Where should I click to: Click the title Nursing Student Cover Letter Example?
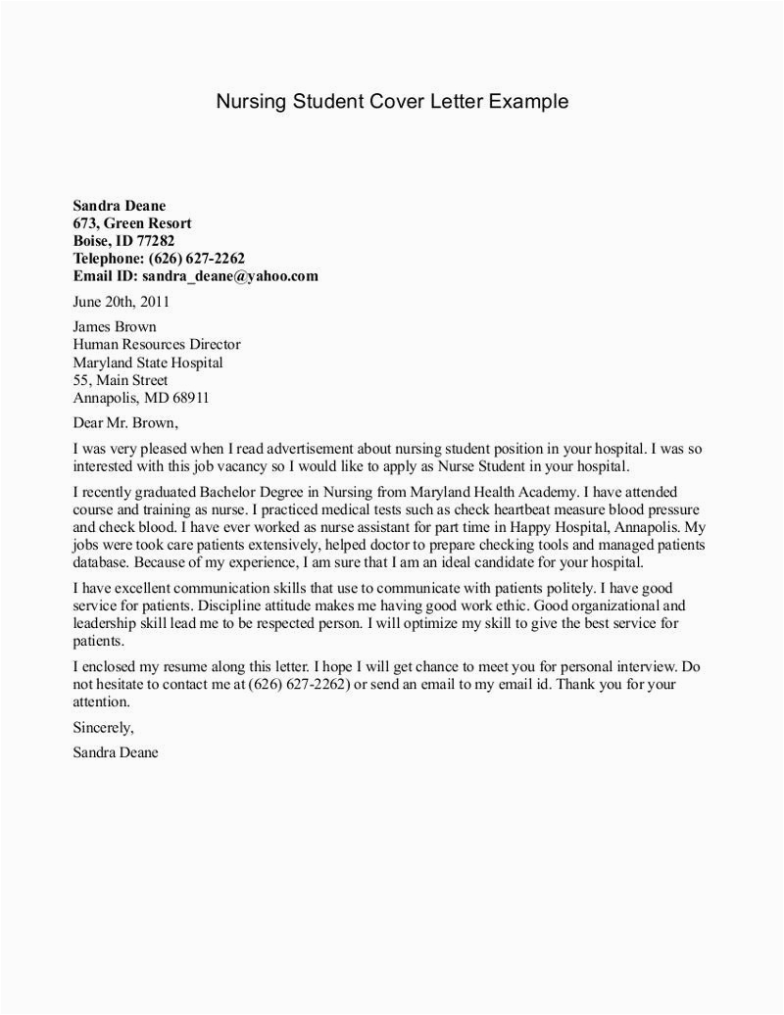pos(392,102)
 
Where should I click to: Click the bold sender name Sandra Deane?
pos(120,206)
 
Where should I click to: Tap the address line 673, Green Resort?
pos(132,223)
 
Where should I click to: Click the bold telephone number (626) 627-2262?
pos(196,259)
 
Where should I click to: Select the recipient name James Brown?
pos(115,327)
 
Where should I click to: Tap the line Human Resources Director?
pos(157,345)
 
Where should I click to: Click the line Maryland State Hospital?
pos(148,362)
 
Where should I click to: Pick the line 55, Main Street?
pos(121,380)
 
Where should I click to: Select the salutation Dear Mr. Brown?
pos(126,423)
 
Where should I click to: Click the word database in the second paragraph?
pos(101,562)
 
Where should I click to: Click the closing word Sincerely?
pos(103,727)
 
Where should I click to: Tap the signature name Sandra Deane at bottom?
pos(115,752)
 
